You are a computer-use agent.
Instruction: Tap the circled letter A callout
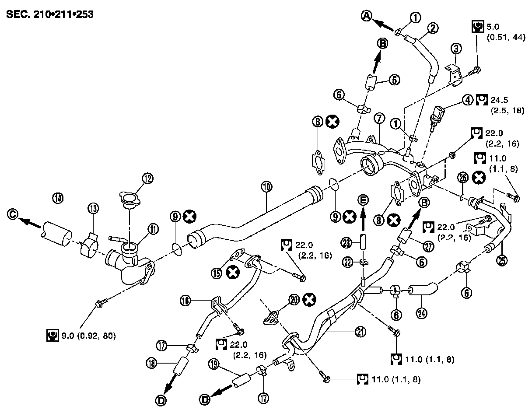tap(367, 16)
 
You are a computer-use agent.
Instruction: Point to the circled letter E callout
tap(363, 200)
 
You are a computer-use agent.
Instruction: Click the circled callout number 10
tap(266, 187)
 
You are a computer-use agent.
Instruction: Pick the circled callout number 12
tap(147, 178)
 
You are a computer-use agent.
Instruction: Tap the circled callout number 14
tap(57, 198)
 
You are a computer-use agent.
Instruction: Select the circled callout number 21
tap(349, 332)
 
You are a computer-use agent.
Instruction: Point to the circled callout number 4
tap(469, 100)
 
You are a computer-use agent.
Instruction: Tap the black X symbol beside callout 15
tap(234, 273)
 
